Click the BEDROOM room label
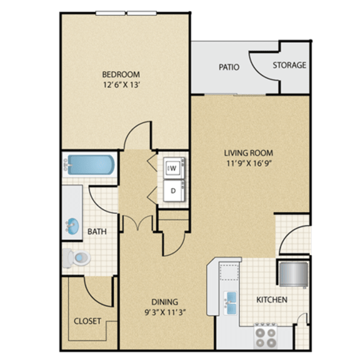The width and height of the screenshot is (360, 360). pos(122,74)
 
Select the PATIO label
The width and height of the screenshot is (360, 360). pos(229,67)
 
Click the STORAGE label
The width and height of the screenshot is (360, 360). pos(289,65)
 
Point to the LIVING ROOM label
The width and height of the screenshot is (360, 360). pos(249,152)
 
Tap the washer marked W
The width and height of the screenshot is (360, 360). pos(172,168)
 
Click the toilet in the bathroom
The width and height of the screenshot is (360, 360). pos(77,256)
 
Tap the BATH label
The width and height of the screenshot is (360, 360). pos(97,231)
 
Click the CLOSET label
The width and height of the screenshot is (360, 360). pos(87,321)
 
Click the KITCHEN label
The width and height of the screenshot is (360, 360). pos(272,300)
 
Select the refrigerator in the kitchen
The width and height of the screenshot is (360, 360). pos(292,273)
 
